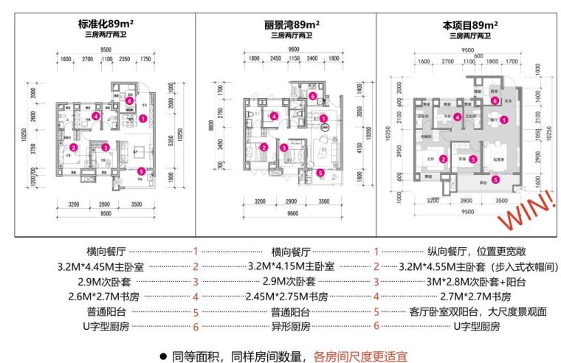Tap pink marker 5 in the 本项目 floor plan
pyautogui.click(x=495, y=179)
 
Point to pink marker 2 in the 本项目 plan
pyautogui.click(x=443, y=159)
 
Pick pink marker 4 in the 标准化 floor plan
pyautogui.click(x=96, y=117)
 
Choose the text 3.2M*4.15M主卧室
pyautogui.click(x=291, y=266)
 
